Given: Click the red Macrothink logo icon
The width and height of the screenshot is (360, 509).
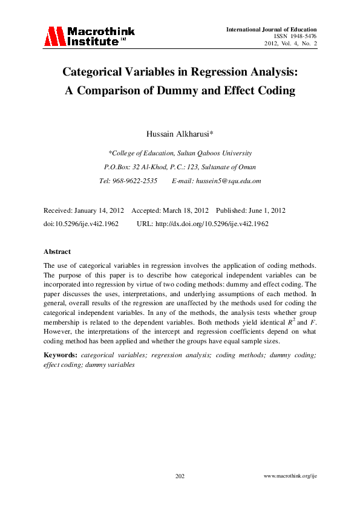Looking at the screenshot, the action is [53, 36].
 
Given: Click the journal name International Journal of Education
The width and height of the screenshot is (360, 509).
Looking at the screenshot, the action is [272, 30].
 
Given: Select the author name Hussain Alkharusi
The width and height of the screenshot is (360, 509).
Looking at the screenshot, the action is [180, 133].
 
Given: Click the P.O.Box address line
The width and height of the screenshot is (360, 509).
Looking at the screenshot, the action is [180, 167].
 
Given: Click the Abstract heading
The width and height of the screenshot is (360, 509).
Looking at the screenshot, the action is [57, 251].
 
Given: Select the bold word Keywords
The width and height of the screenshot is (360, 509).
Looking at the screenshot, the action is [59, 355].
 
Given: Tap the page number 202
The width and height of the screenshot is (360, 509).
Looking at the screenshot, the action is [180, 477].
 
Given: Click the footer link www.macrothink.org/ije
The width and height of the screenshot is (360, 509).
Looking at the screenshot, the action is [291, 477].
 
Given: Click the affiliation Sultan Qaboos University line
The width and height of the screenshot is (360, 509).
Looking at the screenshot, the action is [180, 153].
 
